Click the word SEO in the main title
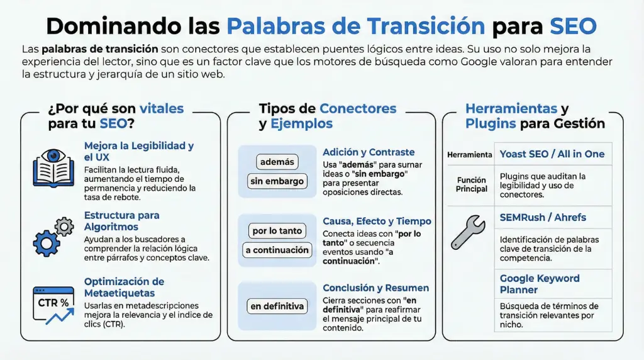(x=573, y=26)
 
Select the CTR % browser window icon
(x=53, y=305)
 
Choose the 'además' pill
(x=277, y=162)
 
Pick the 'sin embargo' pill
(x=277, y=181)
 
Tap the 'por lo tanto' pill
(x=277, y=230)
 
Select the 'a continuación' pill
(x=277, y=250)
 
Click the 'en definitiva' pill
(x=277, y=307)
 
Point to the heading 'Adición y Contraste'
(x=369, y=152)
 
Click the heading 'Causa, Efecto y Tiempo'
(x=377, y=221)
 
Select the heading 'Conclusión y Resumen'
(x=375, y=288)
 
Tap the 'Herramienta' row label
(x=470, y=155)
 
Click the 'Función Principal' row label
(x=472, y=184)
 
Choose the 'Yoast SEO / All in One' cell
(x=552, y=154)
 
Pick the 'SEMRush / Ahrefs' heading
(x=543, y=218)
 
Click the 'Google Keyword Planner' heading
(x=540, y=284)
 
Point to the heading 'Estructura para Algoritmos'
(x=121, y=221)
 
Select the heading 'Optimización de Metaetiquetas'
(x=124, y=287)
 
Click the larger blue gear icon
(x=46, y=242)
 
